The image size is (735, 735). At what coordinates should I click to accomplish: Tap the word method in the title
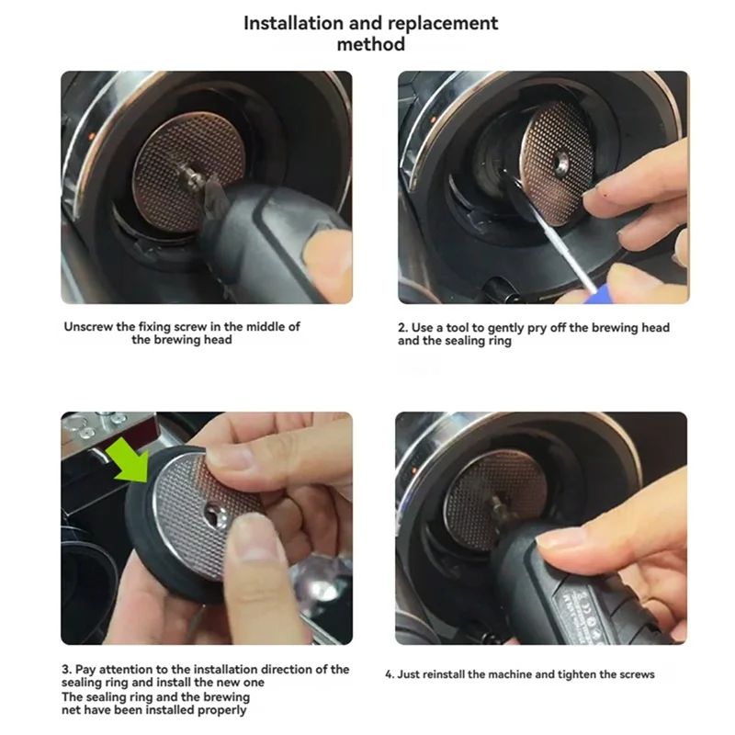(x=371, y=44)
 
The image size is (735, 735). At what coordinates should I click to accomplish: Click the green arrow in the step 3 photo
(x=128, y=459)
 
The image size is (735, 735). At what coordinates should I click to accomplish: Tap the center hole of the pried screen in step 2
(x=561, y=163)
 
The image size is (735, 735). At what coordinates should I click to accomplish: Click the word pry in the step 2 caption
(x=537, y=328)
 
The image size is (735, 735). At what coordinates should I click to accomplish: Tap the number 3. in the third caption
(x=66, y=669)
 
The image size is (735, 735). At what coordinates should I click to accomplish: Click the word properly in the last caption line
(x=221, y=710)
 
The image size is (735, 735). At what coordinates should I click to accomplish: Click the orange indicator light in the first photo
(x=92, y=136)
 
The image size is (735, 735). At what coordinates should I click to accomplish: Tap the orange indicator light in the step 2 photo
(x=434, y=120)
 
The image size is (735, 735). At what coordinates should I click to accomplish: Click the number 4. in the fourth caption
(x=390, y=674)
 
